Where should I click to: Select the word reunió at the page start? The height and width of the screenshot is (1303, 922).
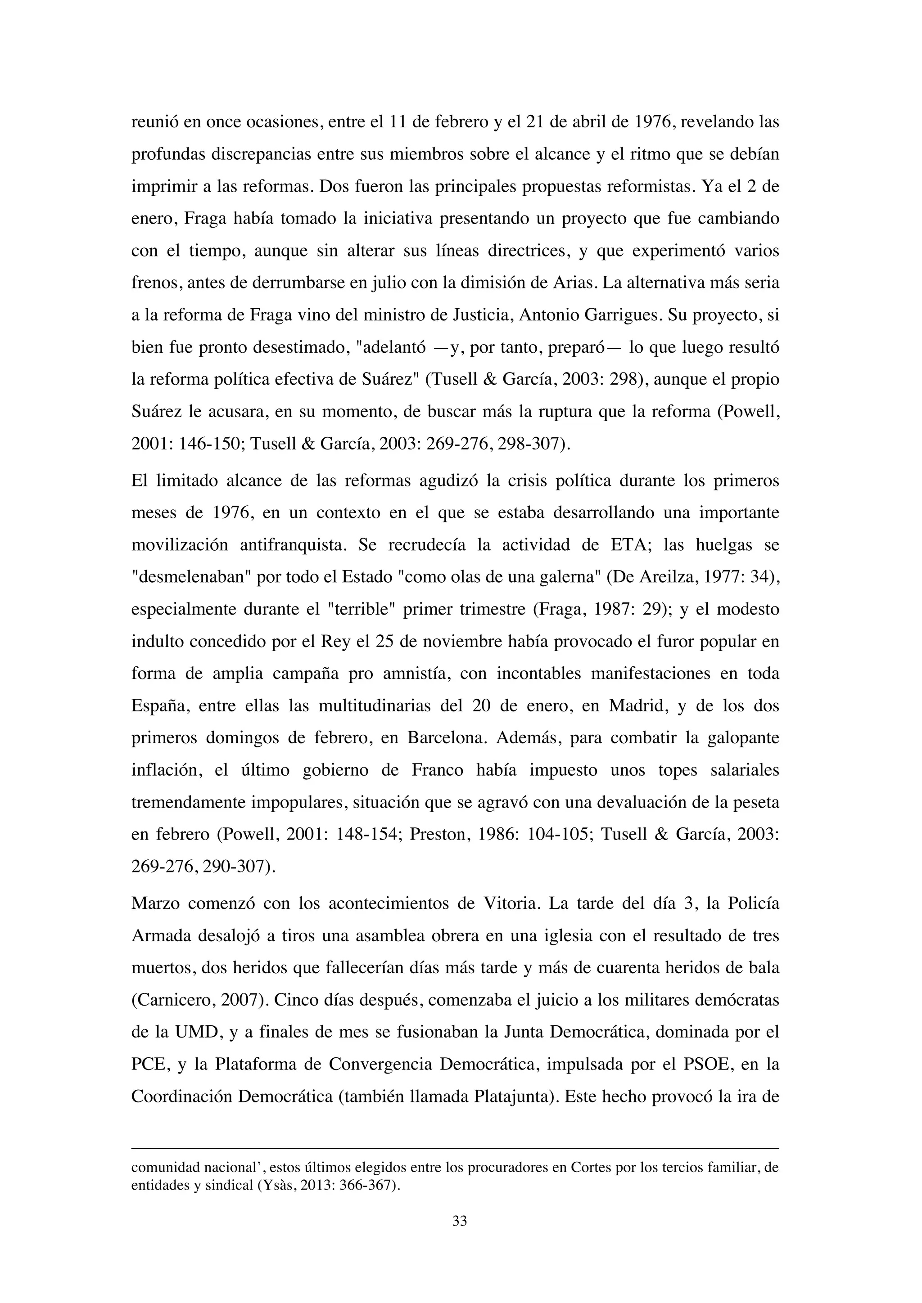click(152, 121)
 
